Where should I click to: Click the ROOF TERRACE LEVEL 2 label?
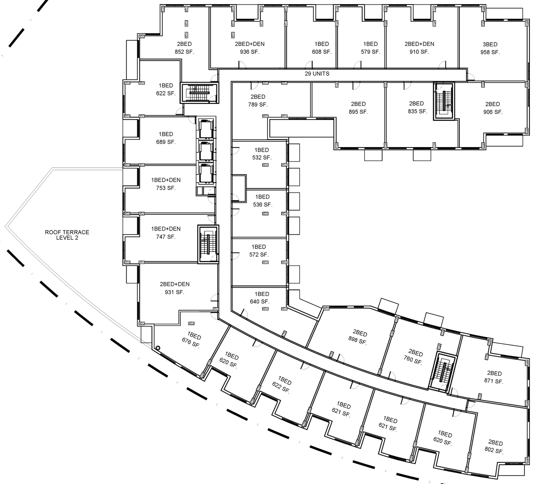(67, 235)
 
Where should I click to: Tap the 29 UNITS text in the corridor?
(317, 74)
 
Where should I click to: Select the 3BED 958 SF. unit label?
(490, 48)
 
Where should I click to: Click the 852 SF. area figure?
(184, 52)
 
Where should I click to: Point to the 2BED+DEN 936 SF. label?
(249, 48)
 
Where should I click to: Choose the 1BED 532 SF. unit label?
(262, 154)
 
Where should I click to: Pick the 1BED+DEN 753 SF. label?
(166, 184)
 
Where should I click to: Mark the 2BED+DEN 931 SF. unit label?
(174, 288)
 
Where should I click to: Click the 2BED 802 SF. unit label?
(495, 446)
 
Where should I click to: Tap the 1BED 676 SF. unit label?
(192, 341)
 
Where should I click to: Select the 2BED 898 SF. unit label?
(359, 337)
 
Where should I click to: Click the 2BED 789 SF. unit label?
(258, 101)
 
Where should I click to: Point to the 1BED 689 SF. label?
(166, 138)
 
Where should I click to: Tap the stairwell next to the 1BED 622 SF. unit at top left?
(199, 93)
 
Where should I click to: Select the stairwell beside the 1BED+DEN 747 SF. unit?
(208, 244)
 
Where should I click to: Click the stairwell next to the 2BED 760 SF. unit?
(442, 371)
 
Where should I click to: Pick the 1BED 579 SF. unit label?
(370, 48)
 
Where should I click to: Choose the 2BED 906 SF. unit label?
(493, 108)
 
